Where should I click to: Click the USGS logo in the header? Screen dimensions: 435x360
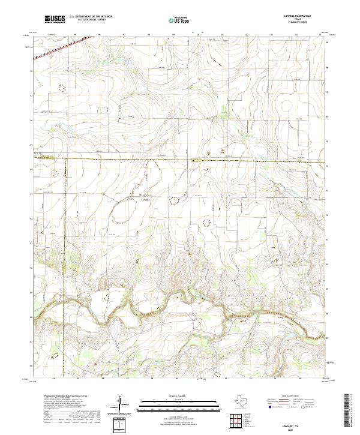pos(55,19)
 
